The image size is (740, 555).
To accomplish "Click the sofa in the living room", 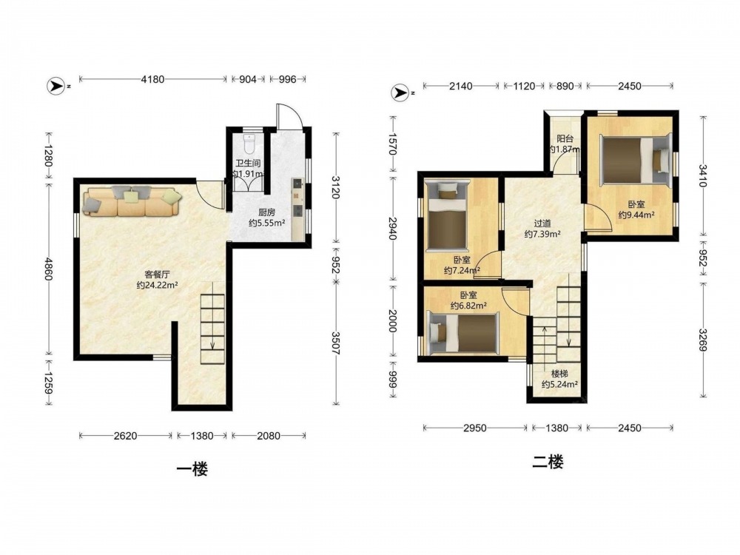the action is click(x=132, y=201).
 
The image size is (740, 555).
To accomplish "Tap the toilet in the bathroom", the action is click(x=249, y=141).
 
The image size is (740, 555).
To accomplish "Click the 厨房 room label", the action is click(x=266, y=212).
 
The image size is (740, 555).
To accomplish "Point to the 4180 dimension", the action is click(x=153, y=79).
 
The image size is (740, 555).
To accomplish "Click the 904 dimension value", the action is click(x=248, y=79).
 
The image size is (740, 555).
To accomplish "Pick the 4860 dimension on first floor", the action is click(x=49, y=268).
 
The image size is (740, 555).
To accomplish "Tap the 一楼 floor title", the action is click(x=192, y=469).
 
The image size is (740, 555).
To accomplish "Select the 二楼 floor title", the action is click(x=548, y=462).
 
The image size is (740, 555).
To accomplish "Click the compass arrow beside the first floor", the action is click(x=55, y=87).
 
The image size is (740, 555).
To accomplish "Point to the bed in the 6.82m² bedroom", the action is click(x=462, y=332).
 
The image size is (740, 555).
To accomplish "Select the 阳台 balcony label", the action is click(x=565, y=139).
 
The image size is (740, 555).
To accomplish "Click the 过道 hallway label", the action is click(x=542, y=223).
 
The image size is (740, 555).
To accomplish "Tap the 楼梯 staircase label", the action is click(x=559, y=374).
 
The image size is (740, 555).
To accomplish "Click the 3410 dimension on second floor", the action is click(x=703, y=175).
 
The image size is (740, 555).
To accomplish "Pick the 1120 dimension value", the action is click(x=525, y=86).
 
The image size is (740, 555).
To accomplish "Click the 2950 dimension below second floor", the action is click(x=475, y=428).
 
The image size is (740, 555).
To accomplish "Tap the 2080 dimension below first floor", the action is click(x=269, y=436).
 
